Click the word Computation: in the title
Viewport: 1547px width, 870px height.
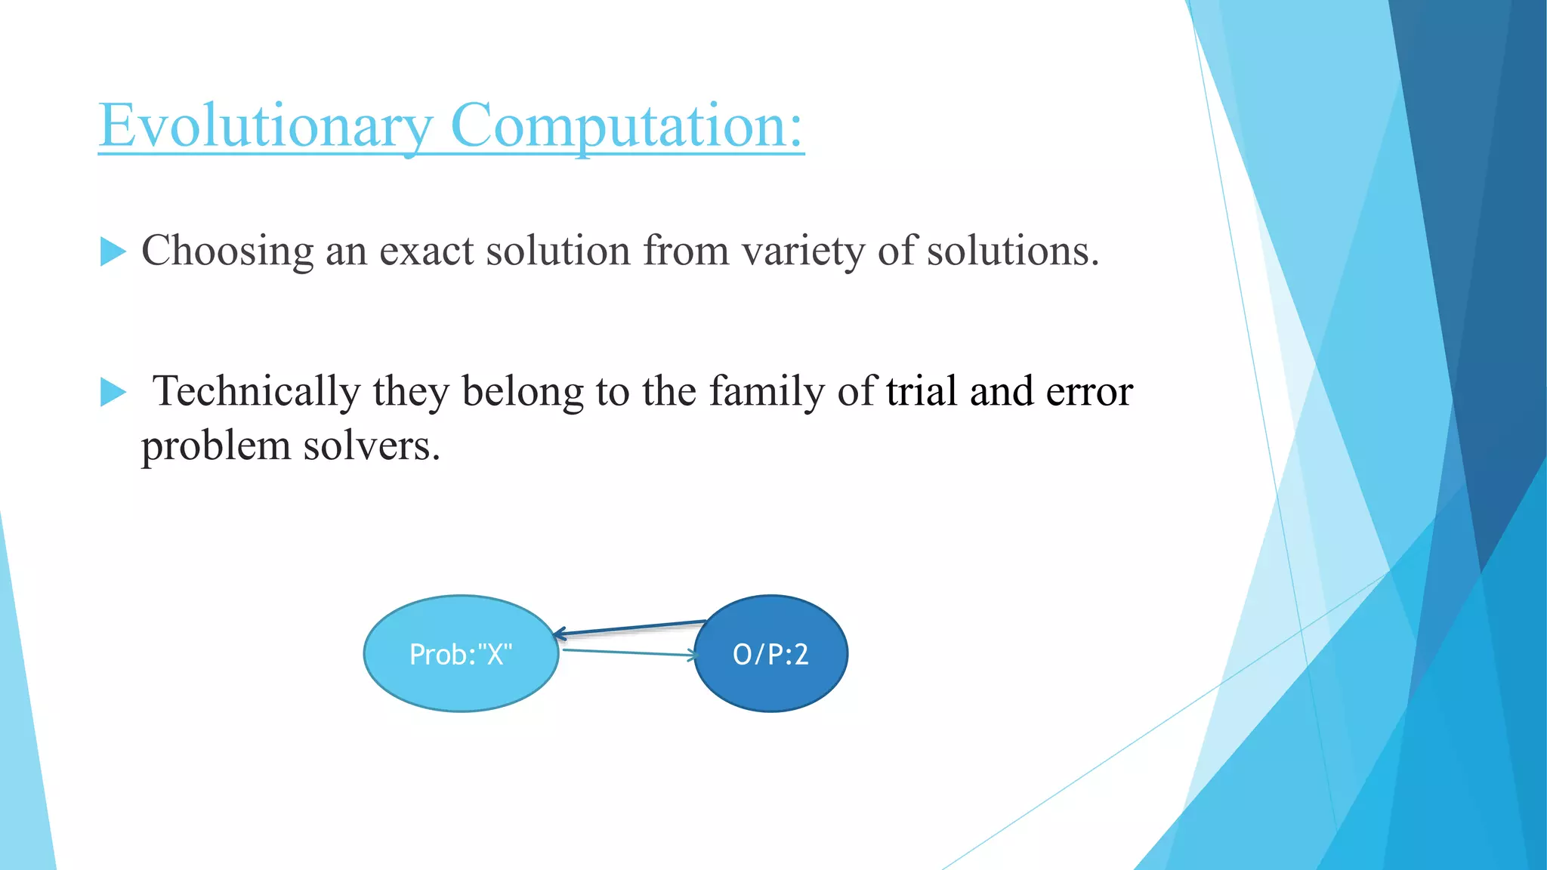pyautogui.click(x=626, y=126)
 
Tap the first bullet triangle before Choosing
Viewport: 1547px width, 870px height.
pyautogui.click(x=113, y=251)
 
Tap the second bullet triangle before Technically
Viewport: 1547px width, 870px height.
pyautogui.click(x=113, y=392)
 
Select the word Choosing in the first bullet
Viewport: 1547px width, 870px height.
pyautogui.click(x=227, y=251)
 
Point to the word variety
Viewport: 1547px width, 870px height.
pyautogui.click(x=802, y=251)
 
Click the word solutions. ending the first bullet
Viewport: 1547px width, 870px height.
pyautogui.click(x=1012, y=251)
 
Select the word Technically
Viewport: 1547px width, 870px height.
pyautogui.click(x=256, y=392)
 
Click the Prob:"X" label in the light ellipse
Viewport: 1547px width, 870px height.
pyautogui.click(x=461, y=654)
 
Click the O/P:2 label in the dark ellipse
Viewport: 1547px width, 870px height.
pyautogui.click(x=770, y=654)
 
